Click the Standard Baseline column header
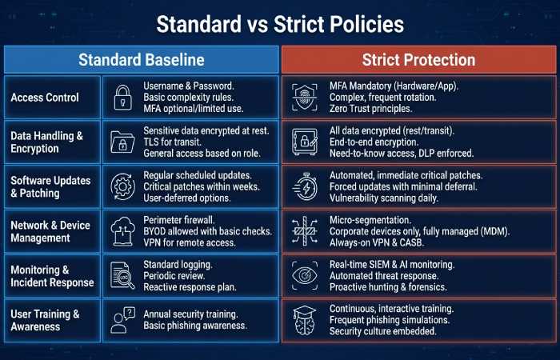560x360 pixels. (141, 60)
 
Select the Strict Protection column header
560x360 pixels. (418, 60)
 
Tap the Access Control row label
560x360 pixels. (45, 98)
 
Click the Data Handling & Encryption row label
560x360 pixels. (46, 142)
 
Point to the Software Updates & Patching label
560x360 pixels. (46, 187)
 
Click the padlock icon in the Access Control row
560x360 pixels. (123, 98)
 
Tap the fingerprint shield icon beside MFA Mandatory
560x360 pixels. (306, 98)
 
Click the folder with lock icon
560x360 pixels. (123, 142)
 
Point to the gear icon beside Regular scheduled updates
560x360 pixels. (123, 187)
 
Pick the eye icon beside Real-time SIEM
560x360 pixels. (306, 276)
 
